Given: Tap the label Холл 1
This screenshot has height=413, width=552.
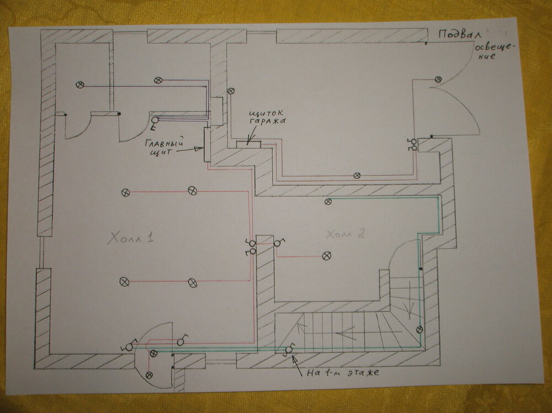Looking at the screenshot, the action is click(131, 239).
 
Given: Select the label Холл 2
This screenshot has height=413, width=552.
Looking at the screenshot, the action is click(346, 234).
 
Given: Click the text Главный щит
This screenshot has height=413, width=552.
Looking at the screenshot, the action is click(164, 148).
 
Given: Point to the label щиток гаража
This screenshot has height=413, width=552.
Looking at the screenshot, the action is click(267, 117).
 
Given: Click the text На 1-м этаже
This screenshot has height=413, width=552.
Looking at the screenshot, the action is click(343, 373).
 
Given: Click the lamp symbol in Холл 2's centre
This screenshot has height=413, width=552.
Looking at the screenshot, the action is click(327, 256).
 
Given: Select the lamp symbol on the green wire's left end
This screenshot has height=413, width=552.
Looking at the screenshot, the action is click(328, 202).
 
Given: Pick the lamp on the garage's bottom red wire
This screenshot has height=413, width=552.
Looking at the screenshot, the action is click(357, 175).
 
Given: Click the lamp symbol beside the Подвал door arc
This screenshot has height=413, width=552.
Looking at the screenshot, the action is click(438, 79).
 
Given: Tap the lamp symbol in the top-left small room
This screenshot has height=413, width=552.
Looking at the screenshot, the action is click(80, 85).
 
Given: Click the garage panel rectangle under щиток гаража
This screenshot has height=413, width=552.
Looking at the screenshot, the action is click(248, 144).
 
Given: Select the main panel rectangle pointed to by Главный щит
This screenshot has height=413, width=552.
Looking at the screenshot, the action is click(207, 144).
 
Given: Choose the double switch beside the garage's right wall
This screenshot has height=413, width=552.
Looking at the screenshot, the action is click(412, 144).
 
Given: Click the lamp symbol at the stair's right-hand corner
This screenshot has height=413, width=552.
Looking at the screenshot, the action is click(420, 330).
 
